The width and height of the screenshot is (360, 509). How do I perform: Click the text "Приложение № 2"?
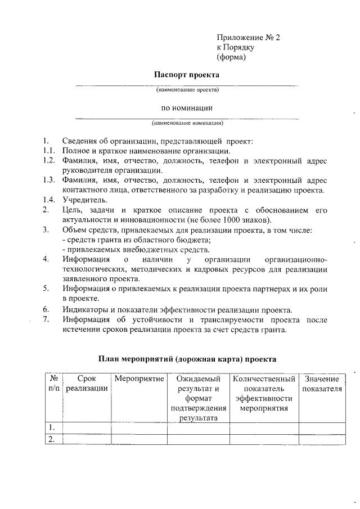[247, 38]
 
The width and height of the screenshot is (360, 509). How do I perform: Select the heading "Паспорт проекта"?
[187, 74]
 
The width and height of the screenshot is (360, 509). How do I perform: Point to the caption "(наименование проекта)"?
[187, 89]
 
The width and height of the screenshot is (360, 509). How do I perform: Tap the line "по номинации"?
[187, 107]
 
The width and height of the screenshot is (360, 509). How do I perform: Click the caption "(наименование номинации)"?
[187, 123]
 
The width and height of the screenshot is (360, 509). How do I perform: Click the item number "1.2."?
[48, 161]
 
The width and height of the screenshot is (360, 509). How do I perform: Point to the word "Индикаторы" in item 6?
[87, 309]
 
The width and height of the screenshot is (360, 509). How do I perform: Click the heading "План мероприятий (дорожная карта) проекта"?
[187, 358]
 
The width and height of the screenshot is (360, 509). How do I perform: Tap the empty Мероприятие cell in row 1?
[139, 429]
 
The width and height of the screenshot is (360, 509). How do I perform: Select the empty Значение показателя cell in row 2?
[322, 439]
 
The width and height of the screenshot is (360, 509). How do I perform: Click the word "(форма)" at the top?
[231, 57]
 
